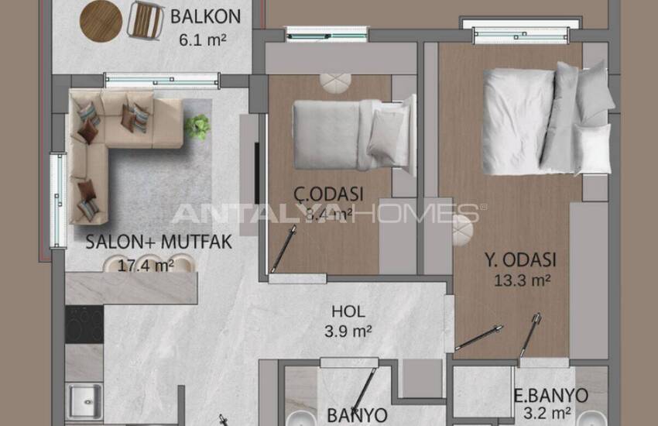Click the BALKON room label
point(205,15)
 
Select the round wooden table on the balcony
point(101,19)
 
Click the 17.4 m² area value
point(139,266)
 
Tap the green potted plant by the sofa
point(197,126)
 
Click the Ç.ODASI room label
point(330,194)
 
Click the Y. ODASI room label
point(523,259)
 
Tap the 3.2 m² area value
point(551,414)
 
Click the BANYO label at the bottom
point(356,415)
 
